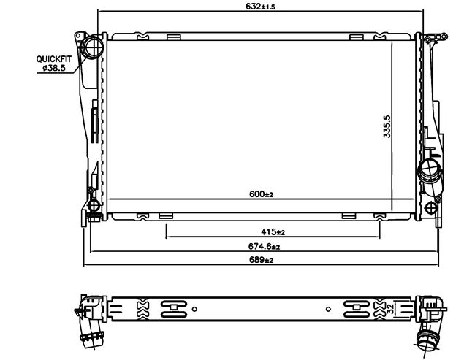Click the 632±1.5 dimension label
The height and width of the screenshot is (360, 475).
tap(260, 7)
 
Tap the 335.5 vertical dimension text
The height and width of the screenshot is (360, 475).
tap(387, 126)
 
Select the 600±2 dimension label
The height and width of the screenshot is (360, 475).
tap(261, 194)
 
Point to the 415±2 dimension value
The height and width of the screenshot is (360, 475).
tap(273, 232)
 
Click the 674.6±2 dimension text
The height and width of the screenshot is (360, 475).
tap(264, 247)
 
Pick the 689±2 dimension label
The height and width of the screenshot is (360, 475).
tap(261, 260)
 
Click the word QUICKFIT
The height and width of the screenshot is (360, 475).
tap(54, 59)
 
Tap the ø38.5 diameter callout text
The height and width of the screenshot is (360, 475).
tap(54, 68)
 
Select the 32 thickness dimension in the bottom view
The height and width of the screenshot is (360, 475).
tap(391, 309)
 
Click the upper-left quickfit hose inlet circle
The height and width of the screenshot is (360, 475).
tap(93, 46)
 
